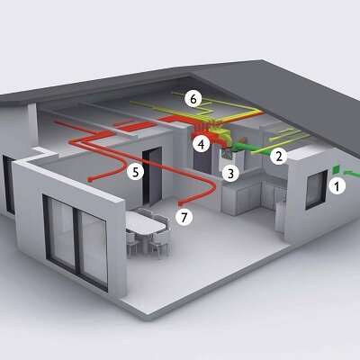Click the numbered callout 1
coord(337,186)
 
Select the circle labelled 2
coord(279,156)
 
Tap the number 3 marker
coord(230,174)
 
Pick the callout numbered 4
coord(201,144)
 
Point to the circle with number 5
coord(136,172)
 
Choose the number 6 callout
coord(193,98)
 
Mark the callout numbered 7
coord(184,216)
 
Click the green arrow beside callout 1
coord(352,174)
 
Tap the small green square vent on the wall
coord(337,169)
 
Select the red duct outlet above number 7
coord(180,204)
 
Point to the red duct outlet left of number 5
coord(90,180)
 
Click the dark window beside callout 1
coord(316,190)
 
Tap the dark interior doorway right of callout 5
coord(152,175)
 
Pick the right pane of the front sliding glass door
coord(94,248)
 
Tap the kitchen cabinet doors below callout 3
coord(243,199)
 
